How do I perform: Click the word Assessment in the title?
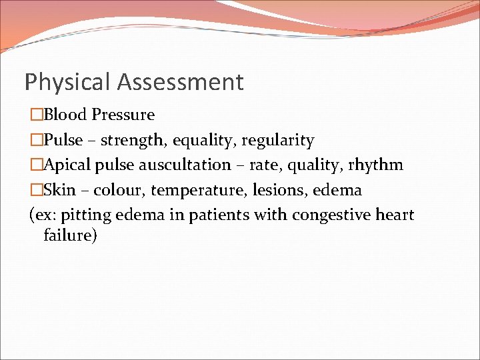point(180,83)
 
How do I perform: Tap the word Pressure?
point(123,115)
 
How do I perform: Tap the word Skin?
point(59,190)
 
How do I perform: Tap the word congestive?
point(332,215)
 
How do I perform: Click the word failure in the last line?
point(70,235)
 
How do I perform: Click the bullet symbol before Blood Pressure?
point(36,115)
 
